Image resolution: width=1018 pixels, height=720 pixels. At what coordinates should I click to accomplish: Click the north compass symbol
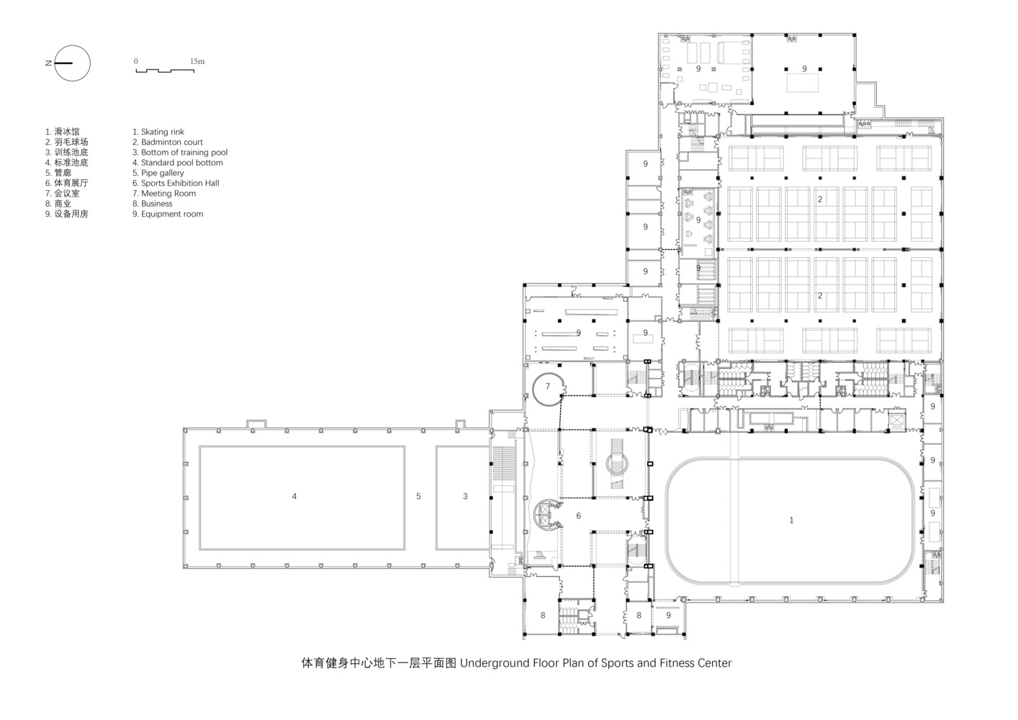[71, 63]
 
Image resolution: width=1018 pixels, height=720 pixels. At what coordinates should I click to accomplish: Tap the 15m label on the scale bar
[197, 61]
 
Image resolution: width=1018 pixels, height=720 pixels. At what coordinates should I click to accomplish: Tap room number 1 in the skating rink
[791, 520]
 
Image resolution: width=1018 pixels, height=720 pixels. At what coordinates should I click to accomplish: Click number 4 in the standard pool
[294, 496]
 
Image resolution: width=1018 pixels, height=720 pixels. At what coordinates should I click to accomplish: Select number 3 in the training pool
[465, 496]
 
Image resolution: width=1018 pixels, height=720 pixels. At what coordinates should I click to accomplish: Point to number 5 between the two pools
[418, 496]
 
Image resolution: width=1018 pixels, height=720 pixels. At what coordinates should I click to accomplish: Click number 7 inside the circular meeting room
[548, 387]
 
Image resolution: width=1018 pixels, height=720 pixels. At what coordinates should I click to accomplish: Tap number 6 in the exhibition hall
[579, 516]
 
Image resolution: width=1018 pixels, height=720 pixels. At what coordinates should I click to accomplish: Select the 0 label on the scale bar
[136, 61]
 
